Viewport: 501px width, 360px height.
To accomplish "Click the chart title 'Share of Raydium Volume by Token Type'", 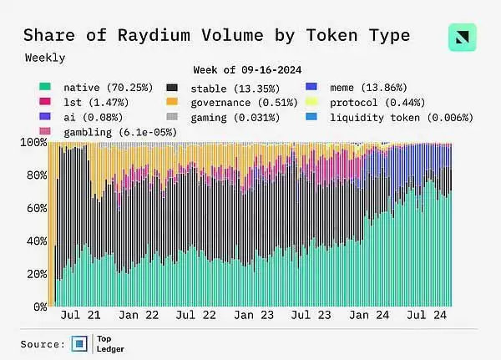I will (216, 35).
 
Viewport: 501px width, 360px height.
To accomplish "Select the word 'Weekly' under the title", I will (44, 58).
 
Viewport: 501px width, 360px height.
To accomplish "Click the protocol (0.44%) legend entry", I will (365, 102).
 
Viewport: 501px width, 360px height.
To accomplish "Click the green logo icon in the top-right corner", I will (462, 37).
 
